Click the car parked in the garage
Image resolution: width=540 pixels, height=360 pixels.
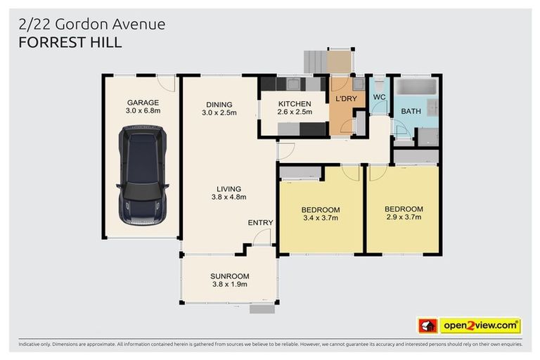tap(143, 175)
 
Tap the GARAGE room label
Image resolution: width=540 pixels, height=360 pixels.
tap(143, 103)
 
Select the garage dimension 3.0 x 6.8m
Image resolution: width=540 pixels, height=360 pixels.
tap(143, 111)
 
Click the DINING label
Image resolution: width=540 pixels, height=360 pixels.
tap(219, 104)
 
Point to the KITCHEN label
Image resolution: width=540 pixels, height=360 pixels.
tap(293, 104)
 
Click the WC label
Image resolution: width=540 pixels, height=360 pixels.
tap(380, 97)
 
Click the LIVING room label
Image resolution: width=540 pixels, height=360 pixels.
tap(229, 188)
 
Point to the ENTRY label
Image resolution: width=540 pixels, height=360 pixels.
tap(260, 223)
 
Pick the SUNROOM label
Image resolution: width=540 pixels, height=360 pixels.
tap(229, 276)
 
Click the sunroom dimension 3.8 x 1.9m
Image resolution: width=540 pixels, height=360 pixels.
tap(229, 284)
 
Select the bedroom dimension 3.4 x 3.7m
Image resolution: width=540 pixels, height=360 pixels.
tap(320, 218)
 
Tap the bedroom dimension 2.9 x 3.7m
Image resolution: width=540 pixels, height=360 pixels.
tap(404, 217)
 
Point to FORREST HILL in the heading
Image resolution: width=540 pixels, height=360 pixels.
tap(70, 42)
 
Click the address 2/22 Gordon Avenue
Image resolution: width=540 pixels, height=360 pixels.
tap(92, 24)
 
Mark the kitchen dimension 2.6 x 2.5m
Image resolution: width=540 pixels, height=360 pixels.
tap(293, 112)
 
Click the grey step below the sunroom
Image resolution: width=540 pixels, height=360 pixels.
tap(262, 309)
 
